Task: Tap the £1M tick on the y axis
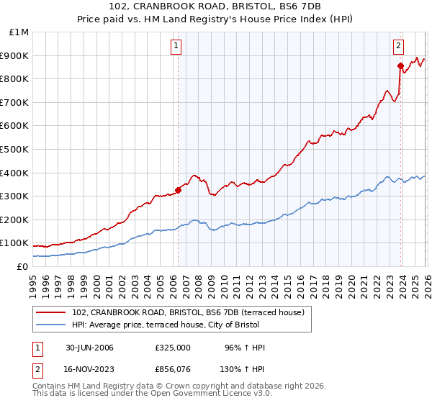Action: tap(19, 32)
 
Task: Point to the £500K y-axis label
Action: tap(15, 149)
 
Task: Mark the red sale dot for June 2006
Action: tap(178, 190)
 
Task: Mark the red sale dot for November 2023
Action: tap(401, 65)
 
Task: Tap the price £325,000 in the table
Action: tap(173, 348)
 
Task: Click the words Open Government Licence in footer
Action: tap(197, 394)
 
